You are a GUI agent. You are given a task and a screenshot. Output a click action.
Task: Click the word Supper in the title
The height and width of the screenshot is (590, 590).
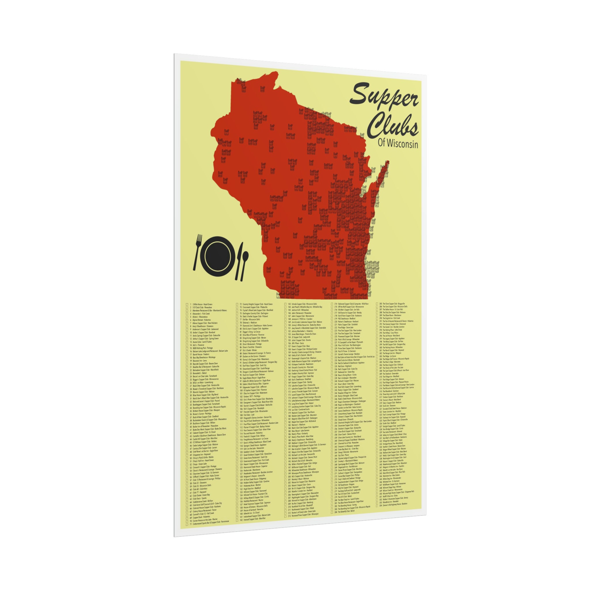[x=384, y=99]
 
